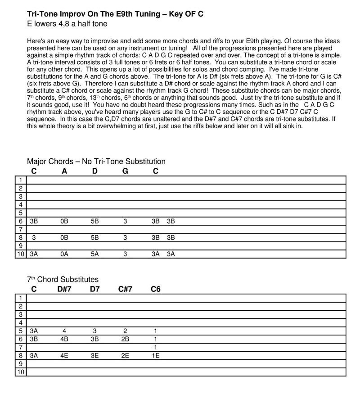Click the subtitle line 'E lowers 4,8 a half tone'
67,24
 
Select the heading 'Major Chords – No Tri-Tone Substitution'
96,161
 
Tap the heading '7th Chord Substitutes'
63,279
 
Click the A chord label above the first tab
64,171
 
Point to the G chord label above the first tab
125,171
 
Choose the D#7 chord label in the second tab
64,289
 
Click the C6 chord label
155,289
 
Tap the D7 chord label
94,289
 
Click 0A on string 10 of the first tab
64,254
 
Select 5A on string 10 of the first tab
94,254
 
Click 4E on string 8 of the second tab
64,355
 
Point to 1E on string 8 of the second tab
155,355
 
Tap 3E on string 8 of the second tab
94,355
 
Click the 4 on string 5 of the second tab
64,331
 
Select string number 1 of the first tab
21,180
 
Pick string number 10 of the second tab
21,372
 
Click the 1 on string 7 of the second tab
155,347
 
